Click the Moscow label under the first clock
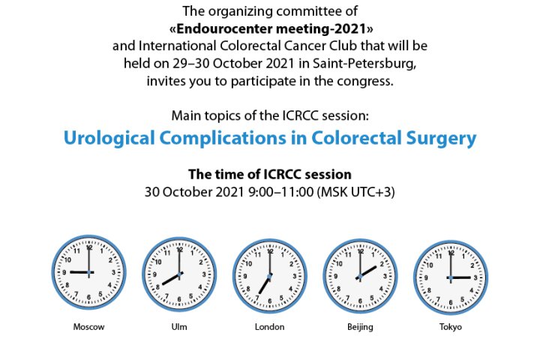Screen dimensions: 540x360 coord(88,326)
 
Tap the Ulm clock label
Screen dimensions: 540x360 coord(179,326)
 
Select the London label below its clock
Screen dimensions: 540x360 coord(270,326)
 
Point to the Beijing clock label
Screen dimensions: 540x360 coord(360,327)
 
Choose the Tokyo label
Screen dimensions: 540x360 coord(451,327)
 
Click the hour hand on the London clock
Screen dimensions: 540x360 coord(265,284)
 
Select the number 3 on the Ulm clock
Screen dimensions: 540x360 coord(204,274)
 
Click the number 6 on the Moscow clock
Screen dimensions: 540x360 coord(88,297)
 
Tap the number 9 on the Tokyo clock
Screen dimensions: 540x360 coord(426,277)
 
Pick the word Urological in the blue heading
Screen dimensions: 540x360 coord(109,138)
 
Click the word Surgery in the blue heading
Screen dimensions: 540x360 coord(441,139)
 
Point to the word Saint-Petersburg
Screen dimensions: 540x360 coord(364,64)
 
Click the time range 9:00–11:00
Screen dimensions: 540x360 coord(280,192)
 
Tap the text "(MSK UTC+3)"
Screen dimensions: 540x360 coord(356,192)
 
